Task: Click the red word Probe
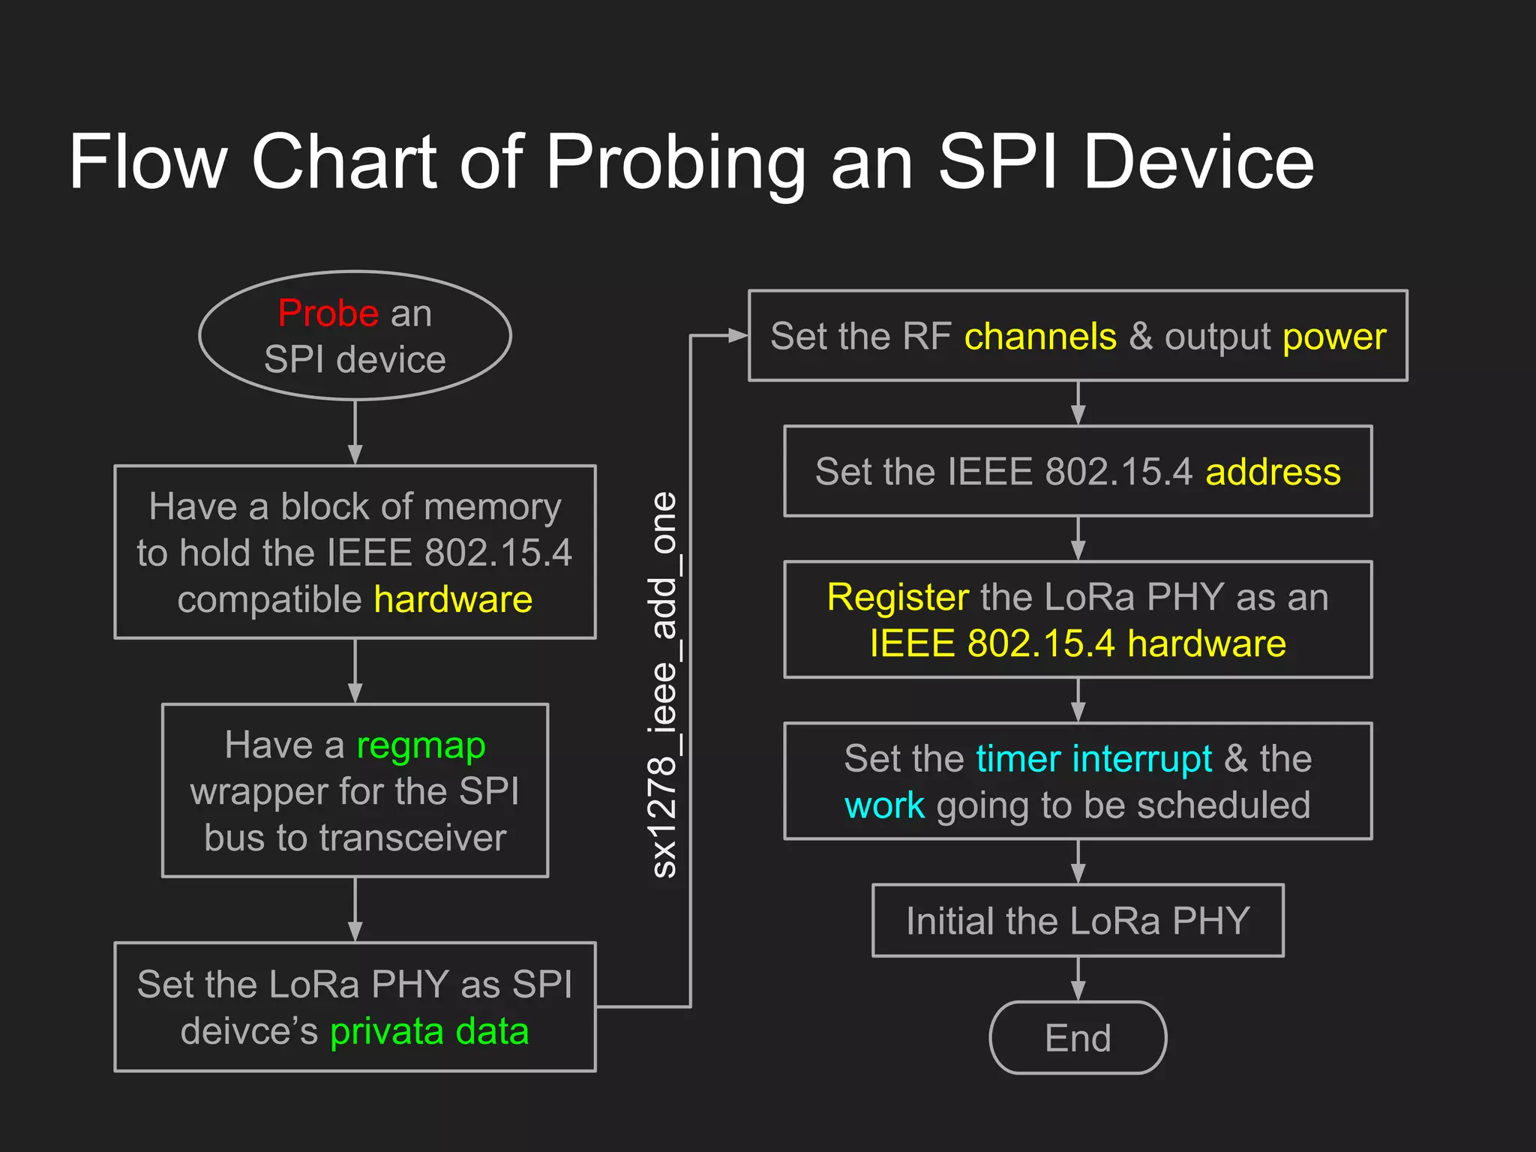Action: tap(328, 313)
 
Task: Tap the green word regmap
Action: tap(421, 745)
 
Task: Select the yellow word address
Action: tap(1273, 472)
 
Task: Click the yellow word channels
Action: tap(1040, 336)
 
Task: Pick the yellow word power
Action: tap(1334, 337)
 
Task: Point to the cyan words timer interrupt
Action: tap(1093, 759)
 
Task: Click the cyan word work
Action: tap(884, 805)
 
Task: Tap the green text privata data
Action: tap(429, 1031)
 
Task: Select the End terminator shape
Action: tap(1078, 1038)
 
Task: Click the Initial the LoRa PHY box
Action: tap(1078, 921)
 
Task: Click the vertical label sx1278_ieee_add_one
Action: tap(664, 684)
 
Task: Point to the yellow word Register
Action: tap(898, 597)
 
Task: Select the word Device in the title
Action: tap(1198, 162)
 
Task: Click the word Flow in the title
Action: tap(148, 162)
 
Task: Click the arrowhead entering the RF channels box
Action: tap(738, 336)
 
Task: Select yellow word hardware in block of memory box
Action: tap(453, 599)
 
